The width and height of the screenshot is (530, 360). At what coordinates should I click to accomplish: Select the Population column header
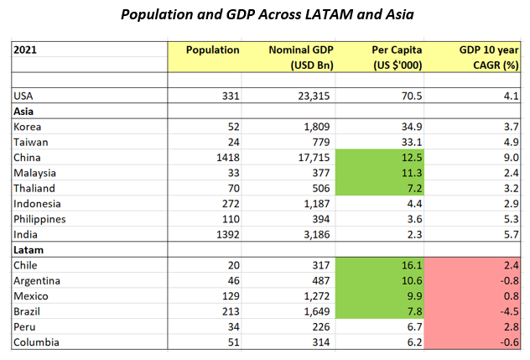tap(212, 50)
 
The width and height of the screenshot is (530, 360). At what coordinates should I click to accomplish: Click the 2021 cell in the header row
tap(25, 50)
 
